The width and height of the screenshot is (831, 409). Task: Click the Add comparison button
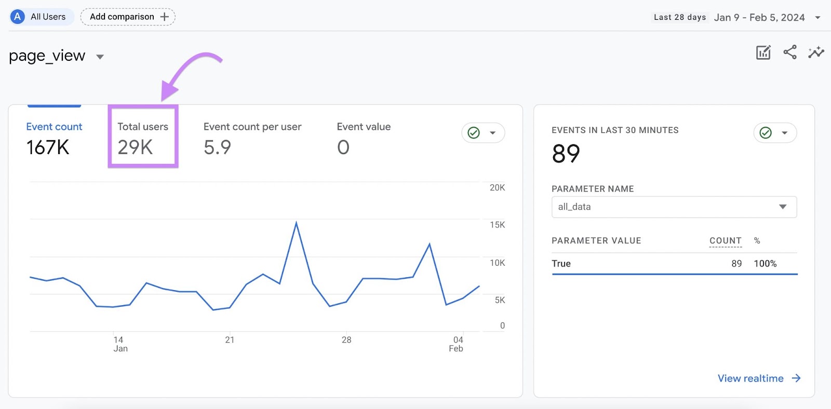(x=128, y=17)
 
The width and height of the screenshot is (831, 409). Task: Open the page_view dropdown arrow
(x=100, y=57)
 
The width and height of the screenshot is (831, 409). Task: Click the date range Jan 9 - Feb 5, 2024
(x=759, y=17)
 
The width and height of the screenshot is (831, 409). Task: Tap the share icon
(x=790, y=52)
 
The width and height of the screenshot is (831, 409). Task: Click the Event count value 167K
(x=48, y=147)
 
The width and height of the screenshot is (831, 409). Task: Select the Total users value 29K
(x=135, y=147)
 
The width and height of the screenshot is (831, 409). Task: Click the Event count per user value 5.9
(x=217, y=147)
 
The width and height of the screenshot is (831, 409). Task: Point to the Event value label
(x=364, y=127)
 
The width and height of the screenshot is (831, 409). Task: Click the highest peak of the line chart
(x=296, y=223)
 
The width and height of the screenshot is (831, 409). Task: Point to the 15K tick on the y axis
(x=497, y=225)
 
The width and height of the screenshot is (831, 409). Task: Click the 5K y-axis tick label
(x=500, y=300)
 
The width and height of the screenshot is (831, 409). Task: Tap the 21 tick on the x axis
(x=230, y=340)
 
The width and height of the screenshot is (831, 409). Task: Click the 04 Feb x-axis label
(x=457, y=344)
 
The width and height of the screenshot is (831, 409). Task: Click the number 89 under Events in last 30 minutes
(x=566, y=154)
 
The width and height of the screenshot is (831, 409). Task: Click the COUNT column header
(x=725, y=241)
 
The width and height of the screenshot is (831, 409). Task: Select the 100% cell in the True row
(x=765, y=264)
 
